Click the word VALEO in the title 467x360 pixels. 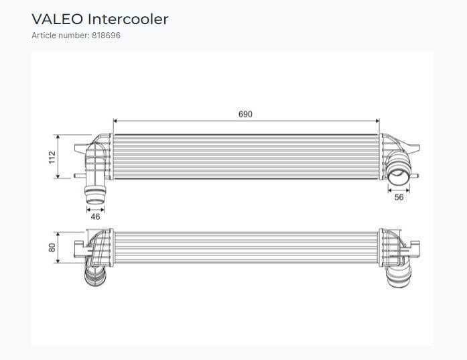pos(57,19)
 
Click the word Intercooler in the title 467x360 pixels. pos(128,19)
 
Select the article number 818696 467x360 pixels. pos(106,36)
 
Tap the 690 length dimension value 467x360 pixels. pos(245,114)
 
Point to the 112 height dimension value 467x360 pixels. pos(52,157)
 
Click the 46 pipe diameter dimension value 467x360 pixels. pos(95,217)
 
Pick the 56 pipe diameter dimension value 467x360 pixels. pos(399,197)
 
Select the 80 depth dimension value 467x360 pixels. pos(52,247)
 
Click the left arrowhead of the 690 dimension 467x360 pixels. pos(115,121)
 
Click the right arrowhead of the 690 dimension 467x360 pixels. pos(377,121)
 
